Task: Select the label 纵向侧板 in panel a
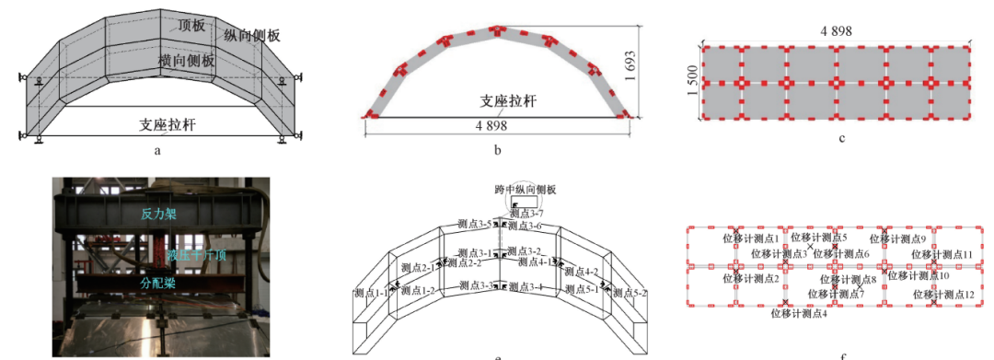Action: coord(251,35)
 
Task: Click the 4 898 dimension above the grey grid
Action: coord(836,30)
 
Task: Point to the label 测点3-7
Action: coord(526,214)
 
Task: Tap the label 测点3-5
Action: coord(476,222)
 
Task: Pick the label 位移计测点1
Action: coord(750,238)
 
